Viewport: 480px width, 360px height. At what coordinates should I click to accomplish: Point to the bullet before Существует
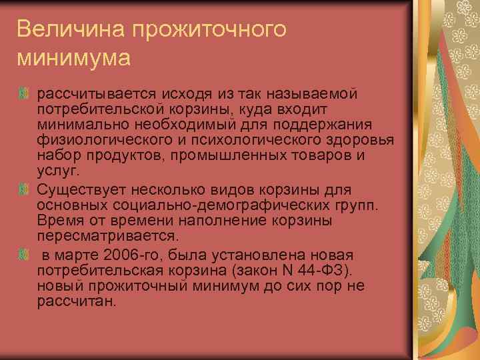coord(25,189)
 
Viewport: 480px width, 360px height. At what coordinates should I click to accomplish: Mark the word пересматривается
coord(108,237)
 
